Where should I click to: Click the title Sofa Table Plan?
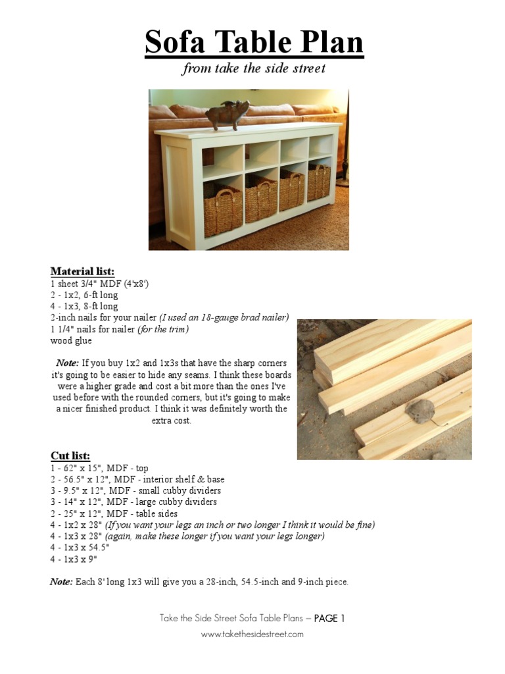pyautogui.click(x=254, y=43)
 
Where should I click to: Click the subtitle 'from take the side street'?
pyautogui.click(x=254, y=68)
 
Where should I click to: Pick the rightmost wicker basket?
pyautogui.click(x=319, y=182)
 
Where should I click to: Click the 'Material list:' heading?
pyautogui.click(x=82, y=271)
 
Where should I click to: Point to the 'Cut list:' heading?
pyautogui.click(x=70, y=455)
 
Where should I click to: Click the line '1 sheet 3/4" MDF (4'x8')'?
pyautogui.click(x=99, y=284)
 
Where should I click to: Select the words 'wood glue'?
pyautogui.click(x=71, y=340)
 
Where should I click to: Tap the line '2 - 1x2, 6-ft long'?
pyautogui.click(x=84, y=295)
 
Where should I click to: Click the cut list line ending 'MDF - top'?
pyautogui.click(x=99, y=467)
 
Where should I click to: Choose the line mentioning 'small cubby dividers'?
pyautogui.click(x=135, y=490)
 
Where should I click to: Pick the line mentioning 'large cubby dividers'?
pyautogui.click(x=134, y=502)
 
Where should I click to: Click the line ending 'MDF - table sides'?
pyautogui.click(x=114, y=513)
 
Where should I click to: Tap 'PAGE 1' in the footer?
pyautogui.click(x=329, y=618)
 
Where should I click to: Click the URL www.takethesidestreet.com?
pyautogui.click(x=252, y=634)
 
